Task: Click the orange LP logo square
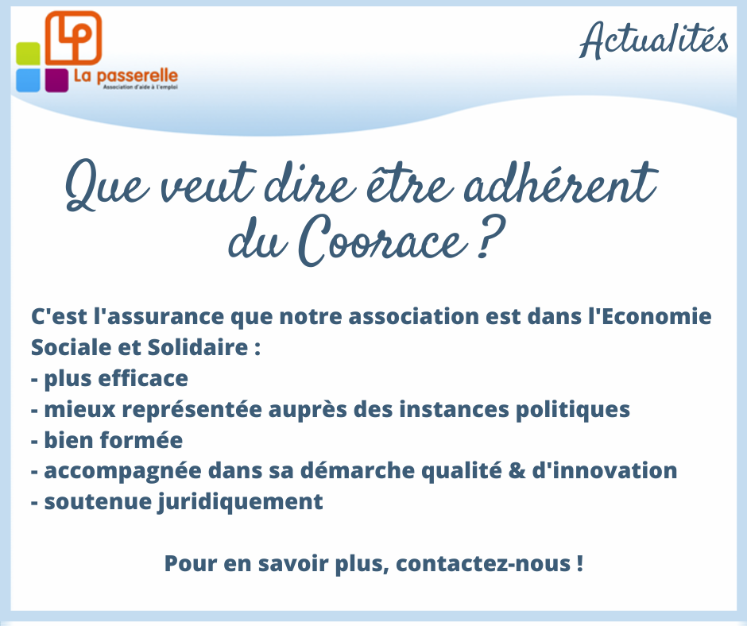[x=73, y=38]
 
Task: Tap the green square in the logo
[x=28, y=54]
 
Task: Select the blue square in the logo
[x=28, y=80]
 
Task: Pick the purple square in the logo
[x=56, y=80]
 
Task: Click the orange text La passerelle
[x=126, y=76]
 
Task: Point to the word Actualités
[x=653, y=40]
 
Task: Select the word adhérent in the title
[x=561, y=184]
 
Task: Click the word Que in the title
[x=106, y=186]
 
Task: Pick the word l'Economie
[x=650, y=316]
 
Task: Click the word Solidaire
[x=198, y=347]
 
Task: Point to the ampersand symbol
[x=517, y=470]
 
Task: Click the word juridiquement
[x=240, y=502]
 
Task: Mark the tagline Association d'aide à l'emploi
[x=141, y=87]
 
